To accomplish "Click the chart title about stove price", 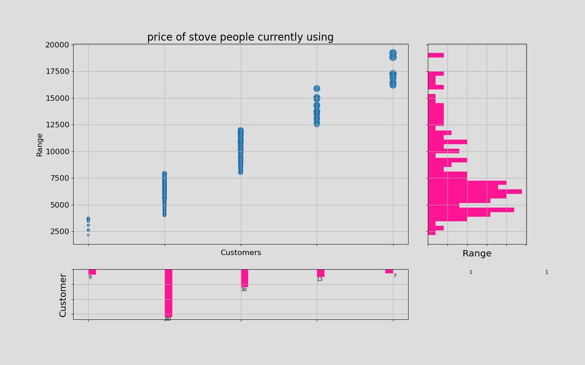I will coord(240,37).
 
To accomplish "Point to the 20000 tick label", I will coord(57,45).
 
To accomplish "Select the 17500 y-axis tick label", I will coord(57,71).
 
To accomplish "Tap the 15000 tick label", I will coord(57,98).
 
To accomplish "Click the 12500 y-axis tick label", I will coord(57,125).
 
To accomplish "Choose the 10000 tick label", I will coord(57,151).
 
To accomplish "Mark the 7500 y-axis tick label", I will coord(59,178).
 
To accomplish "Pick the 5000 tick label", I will coord(59,205).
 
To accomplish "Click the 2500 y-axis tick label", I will coord(59,231).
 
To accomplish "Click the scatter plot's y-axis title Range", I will coord(40,145).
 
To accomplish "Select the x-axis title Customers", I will coord(241,253).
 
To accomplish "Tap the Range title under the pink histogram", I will coord(477,254).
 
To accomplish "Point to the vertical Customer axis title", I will coord(63,295).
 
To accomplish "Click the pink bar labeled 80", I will coord(168,293).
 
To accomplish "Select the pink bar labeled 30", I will coord(245,278).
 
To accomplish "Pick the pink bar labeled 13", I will coord(320,273).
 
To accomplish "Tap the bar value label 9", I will coord(90,277).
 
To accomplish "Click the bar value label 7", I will coord(395,276).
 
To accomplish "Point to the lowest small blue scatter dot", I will coord(88,235).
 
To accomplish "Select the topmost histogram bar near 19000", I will coord(436,55).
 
